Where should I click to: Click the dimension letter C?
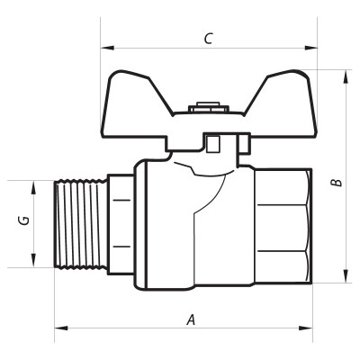click(x=208, y=38)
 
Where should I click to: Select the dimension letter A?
click(x=190, y=319)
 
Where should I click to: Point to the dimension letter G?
click(x=25, y=220)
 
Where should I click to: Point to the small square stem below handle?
click(x=213, y=145)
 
